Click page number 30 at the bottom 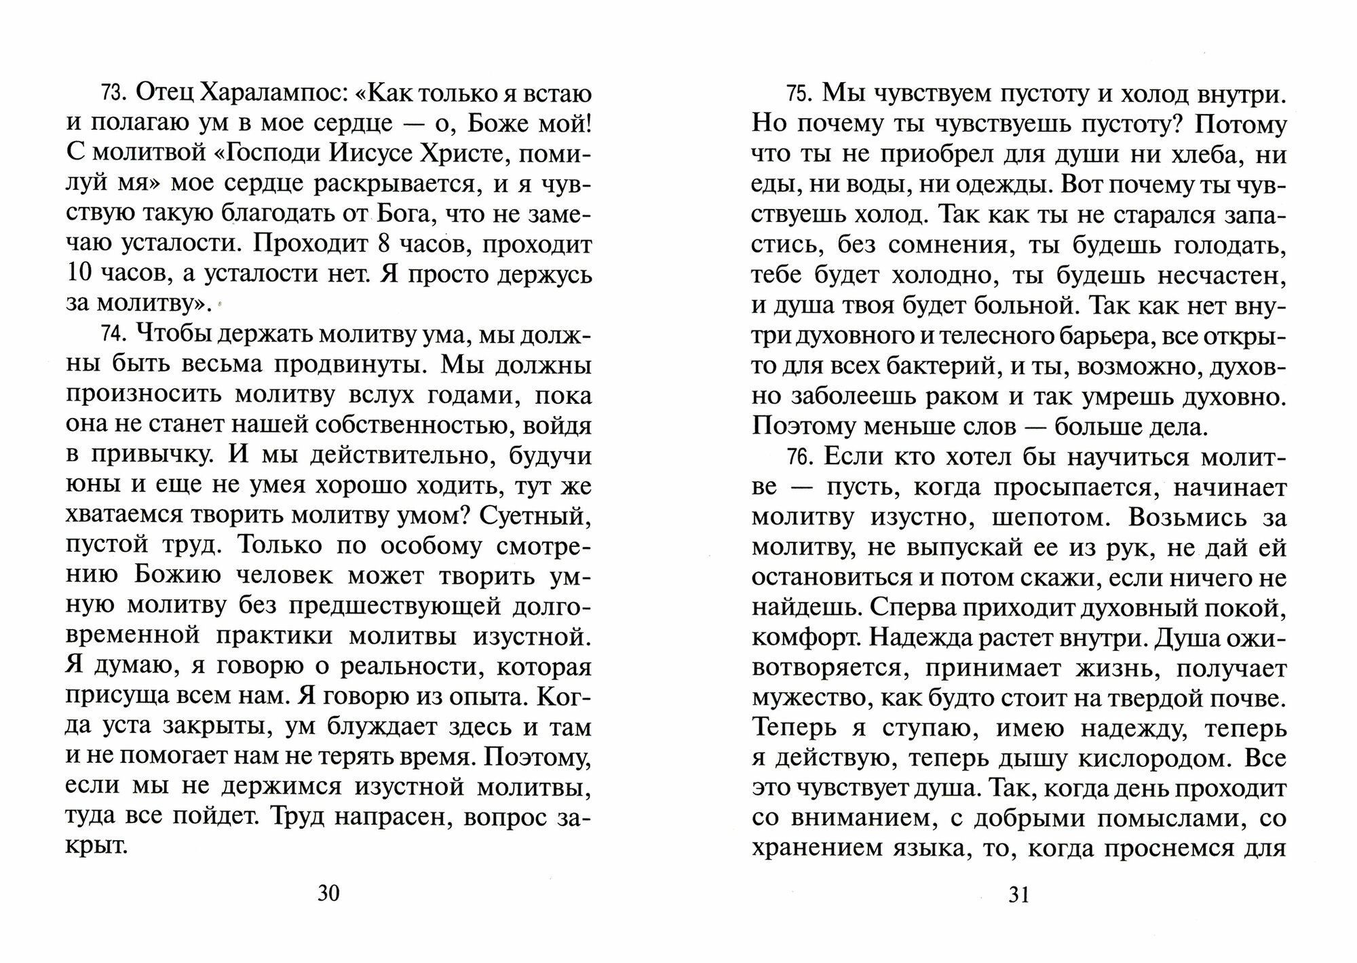tap(328, 893)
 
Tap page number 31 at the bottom tap(1019, 894)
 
